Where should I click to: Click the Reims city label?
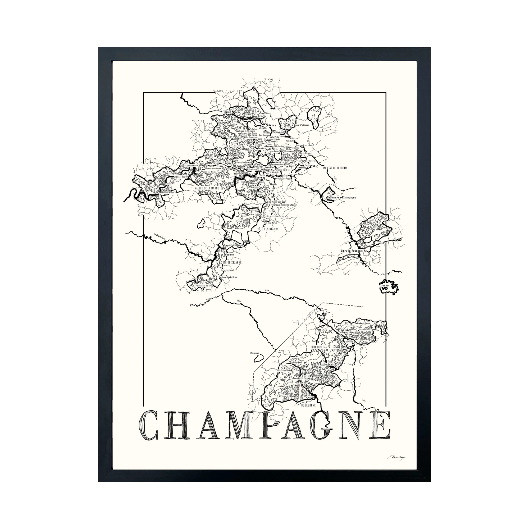pos(272,125)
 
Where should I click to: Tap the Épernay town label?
pos(260,177)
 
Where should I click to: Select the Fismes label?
pos(227,112)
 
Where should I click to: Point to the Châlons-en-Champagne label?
pos(341,197)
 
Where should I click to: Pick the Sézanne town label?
pos(229,254)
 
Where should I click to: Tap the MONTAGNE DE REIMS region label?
pos(335,168)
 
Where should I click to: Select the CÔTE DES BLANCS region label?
pos(268,229)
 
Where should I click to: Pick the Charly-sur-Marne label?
pos(166,193)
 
